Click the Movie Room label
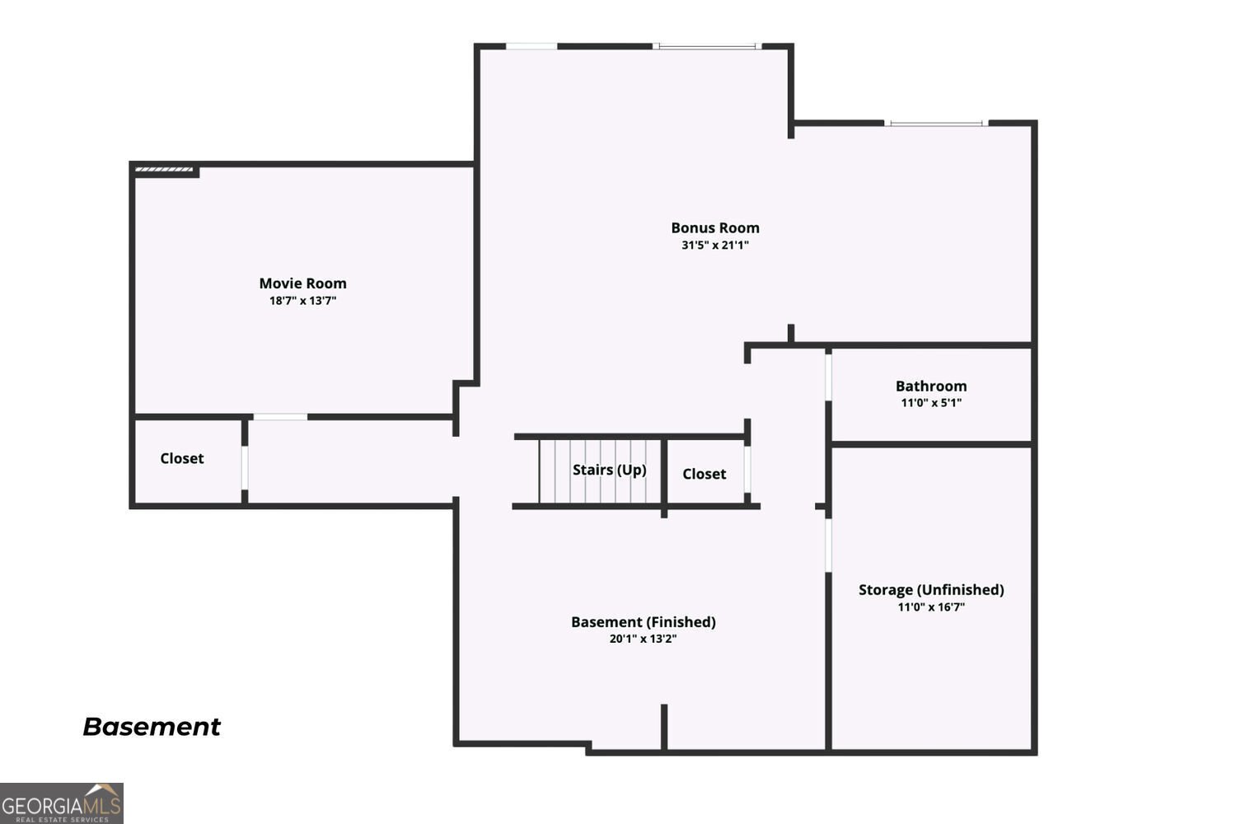click(x=303, y=283)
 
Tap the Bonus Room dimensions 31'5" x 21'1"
click(x=715, y=245)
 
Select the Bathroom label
click(x=931, y=386)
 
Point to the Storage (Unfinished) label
click(x=931, y=590)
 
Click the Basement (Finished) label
click(x=644, y=622)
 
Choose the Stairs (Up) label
click(x=609, y=470)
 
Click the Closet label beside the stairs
click(x=704, y=474)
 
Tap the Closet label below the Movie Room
click(x=182, y=459)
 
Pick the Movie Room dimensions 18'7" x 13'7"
click(x=302, y=301)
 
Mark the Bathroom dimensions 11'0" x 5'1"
click(x=931, y=403)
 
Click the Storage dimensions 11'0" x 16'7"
click(x=931, y=607)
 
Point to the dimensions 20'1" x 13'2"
click(x=643, y=639)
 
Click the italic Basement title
click(x=152, y=727)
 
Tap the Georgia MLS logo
click(x=61, y=803)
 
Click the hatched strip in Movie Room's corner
click(x=165, y=170)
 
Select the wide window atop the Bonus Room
click(x=707, y=47)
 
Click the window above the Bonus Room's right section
click(x=936, y=123)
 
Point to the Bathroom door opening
click(x=828, y=377)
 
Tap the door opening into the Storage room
click(x=828, y=545)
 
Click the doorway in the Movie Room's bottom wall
click(x=280, y=417)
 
